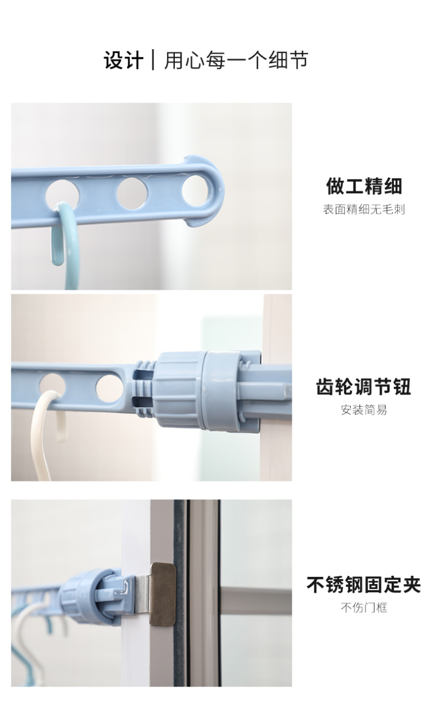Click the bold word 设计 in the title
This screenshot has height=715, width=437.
pos(123,60)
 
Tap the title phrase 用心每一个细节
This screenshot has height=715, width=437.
pos(236,60)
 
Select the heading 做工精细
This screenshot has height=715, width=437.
pos(364,186)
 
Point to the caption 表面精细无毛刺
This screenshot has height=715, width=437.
pos(364,210)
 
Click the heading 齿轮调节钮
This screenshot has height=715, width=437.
pos(364,386)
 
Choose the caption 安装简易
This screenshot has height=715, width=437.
pos(364,409)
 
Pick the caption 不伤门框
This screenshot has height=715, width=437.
pos(364,607)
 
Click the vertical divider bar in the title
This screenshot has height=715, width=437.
pos(153,60)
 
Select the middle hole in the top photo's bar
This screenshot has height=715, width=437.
pos(132,193)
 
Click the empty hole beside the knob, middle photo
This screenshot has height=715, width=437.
pos(109,389)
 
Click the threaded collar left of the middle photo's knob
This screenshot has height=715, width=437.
pos(144,389)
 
